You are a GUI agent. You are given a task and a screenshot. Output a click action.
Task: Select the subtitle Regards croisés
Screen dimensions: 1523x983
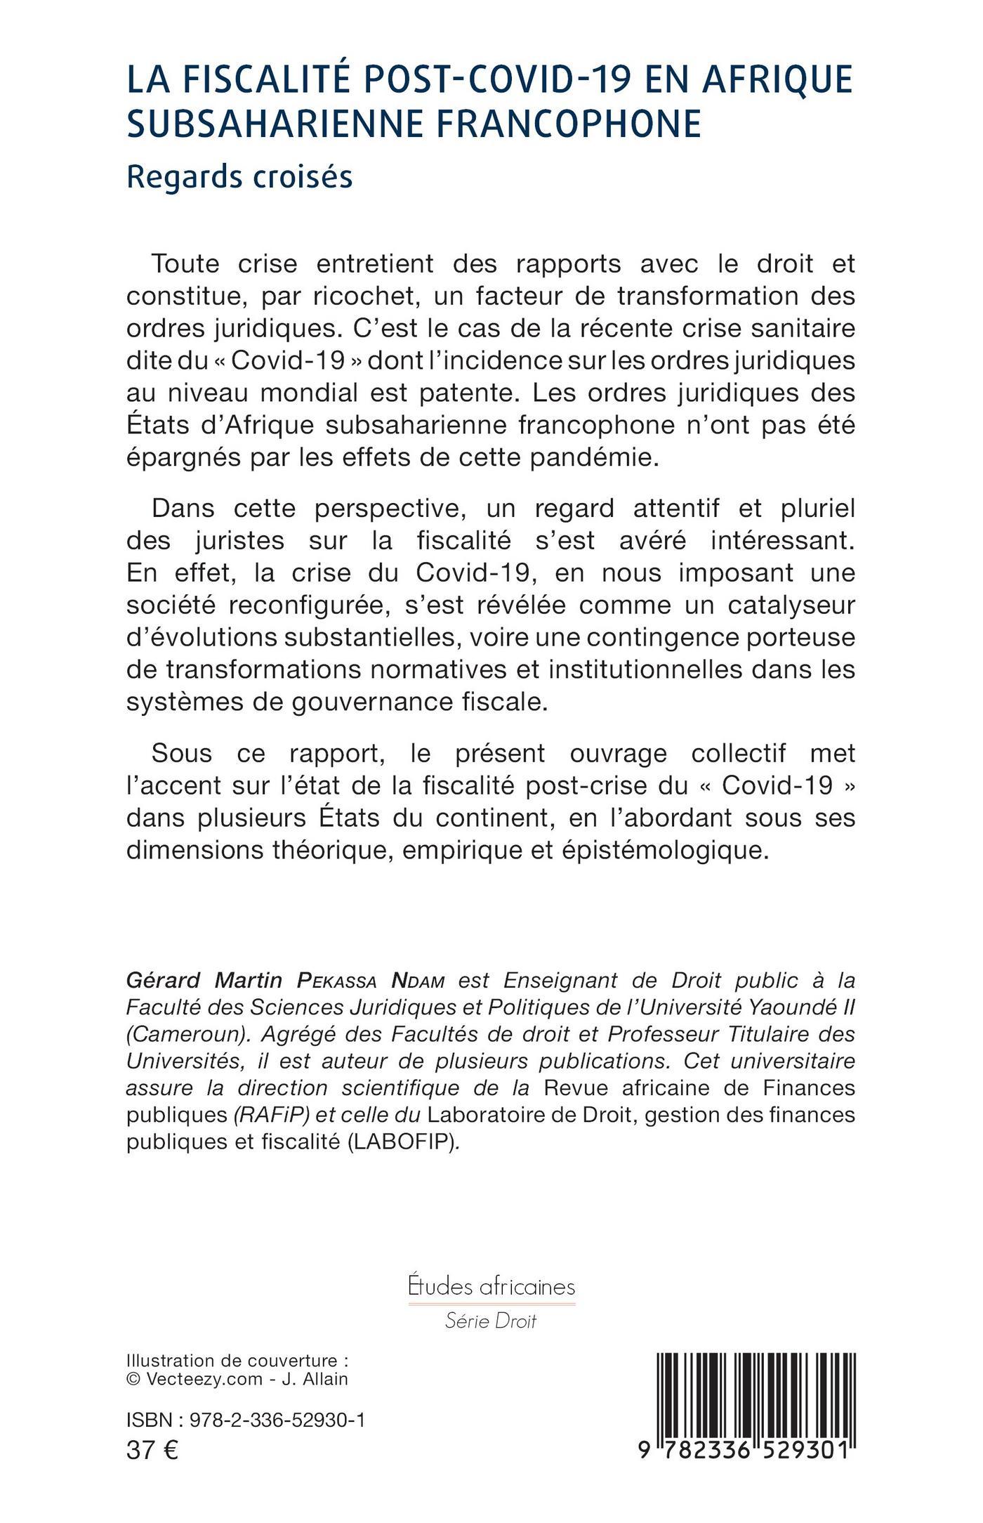(x=239, y=177)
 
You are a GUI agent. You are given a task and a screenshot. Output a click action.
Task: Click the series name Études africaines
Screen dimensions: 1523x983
(x=491, y=1286)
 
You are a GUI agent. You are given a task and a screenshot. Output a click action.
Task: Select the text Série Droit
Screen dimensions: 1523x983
(x=491, y=1321)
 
